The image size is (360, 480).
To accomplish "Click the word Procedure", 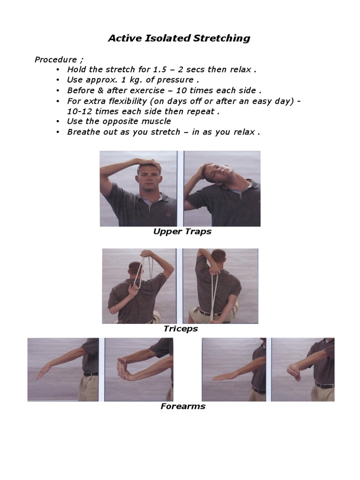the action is click(x=56, y=60).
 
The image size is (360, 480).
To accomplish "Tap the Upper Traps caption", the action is click(x=182, y=232).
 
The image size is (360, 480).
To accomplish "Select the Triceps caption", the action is click(x=180, y=329).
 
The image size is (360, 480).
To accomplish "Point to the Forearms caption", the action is click(x=183, y=406).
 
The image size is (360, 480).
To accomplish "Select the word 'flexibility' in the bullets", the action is click(x=128, y=101).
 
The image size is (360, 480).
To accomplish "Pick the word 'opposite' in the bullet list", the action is click(x=120, y=121).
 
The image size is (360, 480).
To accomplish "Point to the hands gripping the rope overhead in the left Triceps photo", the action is click(x=147, y=253).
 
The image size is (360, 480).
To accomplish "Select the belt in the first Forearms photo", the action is click(x=91, y=374).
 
